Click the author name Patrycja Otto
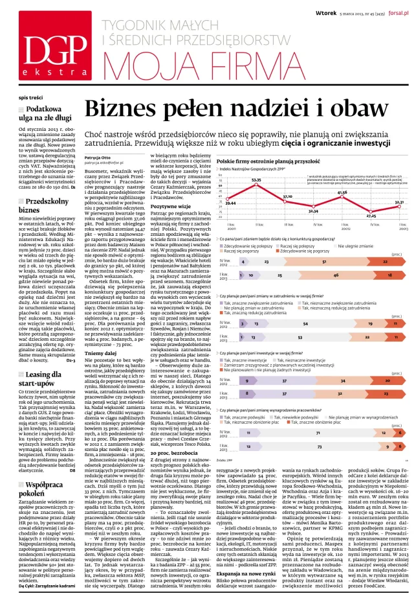click(98, 156)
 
